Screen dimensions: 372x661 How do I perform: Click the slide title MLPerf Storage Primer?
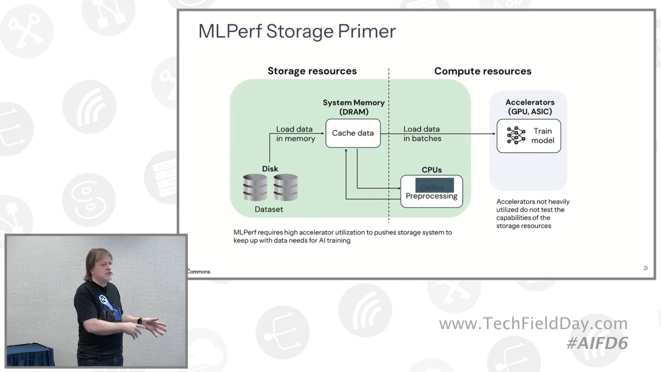pyautogui.click(x=297, y=31)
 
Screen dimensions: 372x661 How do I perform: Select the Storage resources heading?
pyautogui.click(x=312, y=71)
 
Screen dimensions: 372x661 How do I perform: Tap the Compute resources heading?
pyautogui.click(x=482, y=71)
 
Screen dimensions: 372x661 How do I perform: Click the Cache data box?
pyautogui.click(x=353, y=133)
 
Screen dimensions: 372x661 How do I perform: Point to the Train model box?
pyautogui.click(x=528, y=136)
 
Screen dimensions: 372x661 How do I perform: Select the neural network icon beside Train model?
pyautogui.click(x=516, y=135)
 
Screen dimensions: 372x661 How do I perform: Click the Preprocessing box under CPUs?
pyautogui.click(x=431, y=192)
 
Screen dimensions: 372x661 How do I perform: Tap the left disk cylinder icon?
pyautogui.click(x=255, y=187)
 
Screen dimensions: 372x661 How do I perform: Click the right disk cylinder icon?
pyautogui.click(x=285, y=187)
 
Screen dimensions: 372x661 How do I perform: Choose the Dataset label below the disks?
pyautogui.click(x=269, y=209)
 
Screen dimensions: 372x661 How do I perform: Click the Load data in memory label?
pyautogui.click(x=295, y=134)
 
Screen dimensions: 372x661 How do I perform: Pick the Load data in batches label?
pyautogui.click(x=422, y=134)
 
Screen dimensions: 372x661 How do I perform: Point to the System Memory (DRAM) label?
pyautogui.click(x=354, y=107)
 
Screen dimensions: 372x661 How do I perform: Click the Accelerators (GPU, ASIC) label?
pyautogui.click(x=530, y=107)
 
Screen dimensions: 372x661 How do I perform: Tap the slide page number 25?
pyautogui.click(x=646, y=268)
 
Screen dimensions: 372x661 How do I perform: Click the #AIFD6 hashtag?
pyautogui.click(x=597, y=343)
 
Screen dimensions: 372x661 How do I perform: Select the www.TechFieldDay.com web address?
pyautogui.click(x=533, y=324)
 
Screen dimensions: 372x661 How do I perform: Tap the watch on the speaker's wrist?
pyautogui.click(x=140, y=321)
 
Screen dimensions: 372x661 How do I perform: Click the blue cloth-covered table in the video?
pyautogui.click(x=29, y=355)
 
